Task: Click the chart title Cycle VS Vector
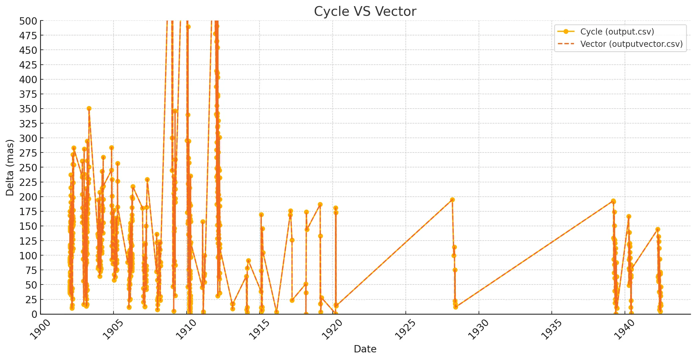(365, 12)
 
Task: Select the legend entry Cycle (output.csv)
(617, 32)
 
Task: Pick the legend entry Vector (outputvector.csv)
(631, 44)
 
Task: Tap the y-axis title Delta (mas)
(10, 167)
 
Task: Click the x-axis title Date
(365, 349)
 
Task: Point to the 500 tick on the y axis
(28, 21)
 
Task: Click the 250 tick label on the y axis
(28, 168)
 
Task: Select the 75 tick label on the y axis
(31, 270)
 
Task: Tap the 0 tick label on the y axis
(34, 314)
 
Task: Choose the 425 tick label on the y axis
(28, 65)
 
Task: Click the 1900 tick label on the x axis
(41, 330)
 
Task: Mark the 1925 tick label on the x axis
(405, 330)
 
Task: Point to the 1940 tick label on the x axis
(625, 330)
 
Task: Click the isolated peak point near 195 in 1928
(452, 200)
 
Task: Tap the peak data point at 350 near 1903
(89, 109)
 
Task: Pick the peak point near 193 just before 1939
(613, 201)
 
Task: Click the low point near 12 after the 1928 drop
(456, 307)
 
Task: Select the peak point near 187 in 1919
(320, 205)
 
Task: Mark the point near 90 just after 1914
(248, 261)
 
